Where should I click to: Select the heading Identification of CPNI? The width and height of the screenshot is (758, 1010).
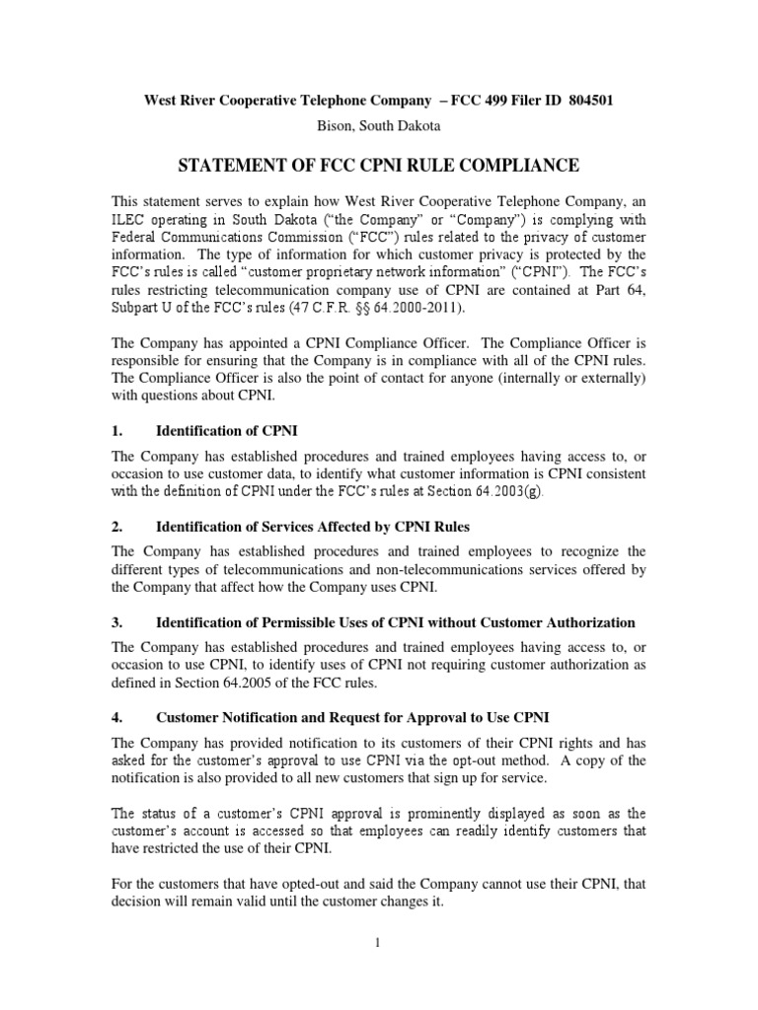point(226,432)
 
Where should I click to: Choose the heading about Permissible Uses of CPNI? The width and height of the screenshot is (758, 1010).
point(395,622)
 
